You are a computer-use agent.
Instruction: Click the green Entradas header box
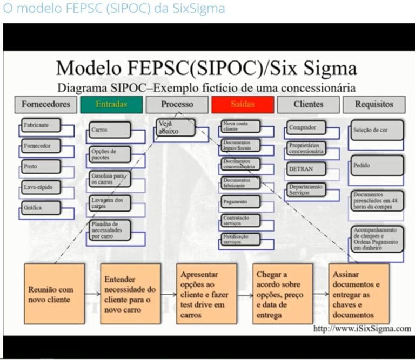coord(111,104)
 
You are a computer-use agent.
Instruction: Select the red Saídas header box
coord(242,104)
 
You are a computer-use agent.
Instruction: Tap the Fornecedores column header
coord(46,104)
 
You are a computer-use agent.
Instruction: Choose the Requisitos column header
coord(374,104)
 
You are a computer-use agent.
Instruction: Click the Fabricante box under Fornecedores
coord(41,125)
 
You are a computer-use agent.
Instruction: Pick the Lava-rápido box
coord(41,187)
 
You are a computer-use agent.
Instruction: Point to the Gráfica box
coord(41,208)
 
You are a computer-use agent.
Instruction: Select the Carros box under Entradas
coord(110,130)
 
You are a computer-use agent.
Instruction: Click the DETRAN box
coord(306,168)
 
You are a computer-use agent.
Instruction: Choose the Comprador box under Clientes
coord(306,128)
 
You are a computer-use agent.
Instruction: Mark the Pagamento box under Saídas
coord(240,202)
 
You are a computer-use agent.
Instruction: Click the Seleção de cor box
coord(377,130)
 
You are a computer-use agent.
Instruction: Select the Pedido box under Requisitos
coord(377,166)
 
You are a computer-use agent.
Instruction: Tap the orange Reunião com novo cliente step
coord(54,294)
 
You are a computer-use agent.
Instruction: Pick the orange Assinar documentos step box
coord(358,294)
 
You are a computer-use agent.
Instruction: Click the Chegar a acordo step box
coord(282,294)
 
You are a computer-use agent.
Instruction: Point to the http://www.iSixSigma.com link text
coord(362,329)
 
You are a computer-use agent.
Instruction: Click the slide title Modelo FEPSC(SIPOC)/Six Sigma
coord(206,69)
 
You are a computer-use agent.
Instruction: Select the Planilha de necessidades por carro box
coord(110,229)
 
